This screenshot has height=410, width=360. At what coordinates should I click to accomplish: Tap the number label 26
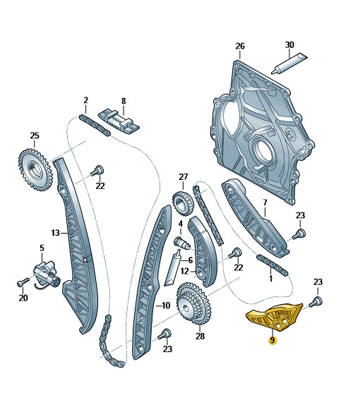coord(240,47)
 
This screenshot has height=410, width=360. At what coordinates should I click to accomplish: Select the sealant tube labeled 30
coord(289,64)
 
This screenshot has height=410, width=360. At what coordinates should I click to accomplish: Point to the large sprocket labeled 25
coord(35,169)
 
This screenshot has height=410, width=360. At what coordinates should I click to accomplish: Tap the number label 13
coord(56,232)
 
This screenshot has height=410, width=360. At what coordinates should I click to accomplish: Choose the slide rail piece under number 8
coord(119,120)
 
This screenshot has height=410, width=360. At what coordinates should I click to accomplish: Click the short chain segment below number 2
coord(95,126)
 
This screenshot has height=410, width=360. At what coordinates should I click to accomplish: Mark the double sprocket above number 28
coord(194,303)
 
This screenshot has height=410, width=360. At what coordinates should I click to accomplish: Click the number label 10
coord(166,305)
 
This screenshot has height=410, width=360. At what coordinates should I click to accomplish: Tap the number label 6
coord(191,260)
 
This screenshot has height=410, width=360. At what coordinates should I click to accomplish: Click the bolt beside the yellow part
coord(316,302)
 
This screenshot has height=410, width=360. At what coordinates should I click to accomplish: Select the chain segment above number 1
coord(272,265)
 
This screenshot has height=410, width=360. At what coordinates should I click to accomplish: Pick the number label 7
coord(265,203)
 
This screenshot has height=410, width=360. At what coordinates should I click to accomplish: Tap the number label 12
coord(184,272)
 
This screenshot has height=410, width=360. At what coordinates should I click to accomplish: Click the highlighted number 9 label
coord(272,340)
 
